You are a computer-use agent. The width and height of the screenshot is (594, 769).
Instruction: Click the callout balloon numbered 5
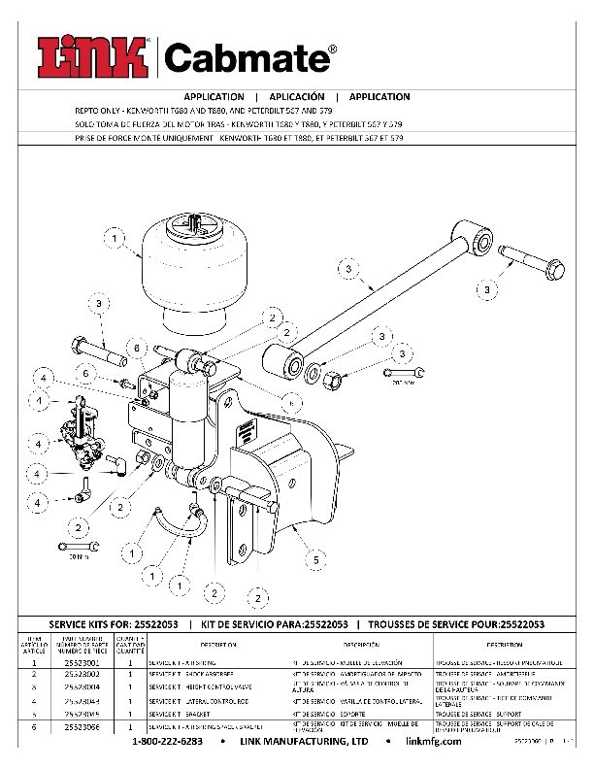315,560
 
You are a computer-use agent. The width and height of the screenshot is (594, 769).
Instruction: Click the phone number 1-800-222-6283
167,742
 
